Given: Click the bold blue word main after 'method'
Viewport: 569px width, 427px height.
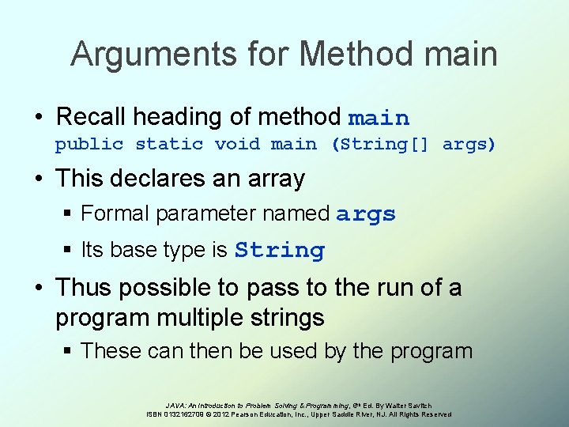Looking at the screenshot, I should [379, 119].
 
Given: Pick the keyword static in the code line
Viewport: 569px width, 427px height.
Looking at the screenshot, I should [169, 145].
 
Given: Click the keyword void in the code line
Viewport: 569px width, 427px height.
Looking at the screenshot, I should [236, 145].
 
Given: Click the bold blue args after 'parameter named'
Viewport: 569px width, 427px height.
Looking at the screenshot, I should [365, 214].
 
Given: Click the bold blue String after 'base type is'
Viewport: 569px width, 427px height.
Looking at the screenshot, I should [280, 251].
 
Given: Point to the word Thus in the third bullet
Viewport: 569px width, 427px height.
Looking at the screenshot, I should [87, 287].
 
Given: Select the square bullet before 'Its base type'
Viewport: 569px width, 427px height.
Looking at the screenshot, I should [70, 251].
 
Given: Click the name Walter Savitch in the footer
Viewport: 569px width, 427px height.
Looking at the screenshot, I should [409, 405].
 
